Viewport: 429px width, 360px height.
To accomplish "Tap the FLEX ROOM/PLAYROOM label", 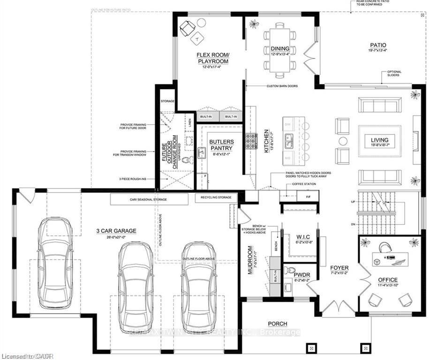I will (x=212, y=58).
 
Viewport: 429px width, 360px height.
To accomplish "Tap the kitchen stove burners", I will (x=252, y=141).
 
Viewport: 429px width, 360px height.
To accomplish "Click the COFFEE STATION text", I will (x=304, y=184).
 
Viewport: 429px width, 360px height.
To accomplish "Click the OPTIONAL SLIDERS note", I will (x=394, y=74).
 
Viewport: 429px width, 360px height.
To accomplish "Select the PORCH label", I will (x=277, y=323).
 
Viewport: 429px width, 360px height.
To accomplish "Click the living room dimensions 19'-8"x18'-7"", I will (x=380, y=146).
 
